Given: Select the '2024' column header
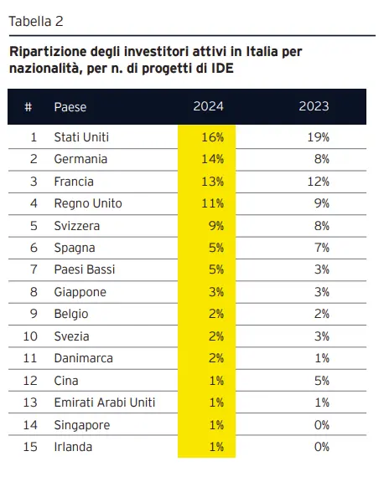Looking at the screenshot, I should point(207,107).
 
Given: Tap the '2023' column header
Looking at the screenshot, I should point(314,107).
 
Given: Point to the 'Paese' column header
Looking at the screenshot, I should point(70,107).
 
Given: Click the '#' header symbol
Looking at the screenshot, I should point(29,107).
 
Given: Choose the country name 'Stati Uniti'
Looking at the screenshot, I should point(81,136).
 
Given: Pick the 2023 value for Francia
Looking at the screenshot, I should point(319,182).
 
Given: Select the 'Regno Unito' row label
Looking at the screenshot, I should point(87,203).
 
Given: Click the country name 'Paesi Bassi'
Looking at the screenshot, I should point(84,270).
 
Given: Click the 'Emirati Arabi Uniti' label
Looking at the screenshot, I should point(104,403).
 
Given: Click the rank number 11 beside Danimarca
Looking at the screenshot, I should point(32,359).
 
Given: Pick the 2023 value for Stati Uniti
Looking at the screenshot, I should point(319,136).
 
